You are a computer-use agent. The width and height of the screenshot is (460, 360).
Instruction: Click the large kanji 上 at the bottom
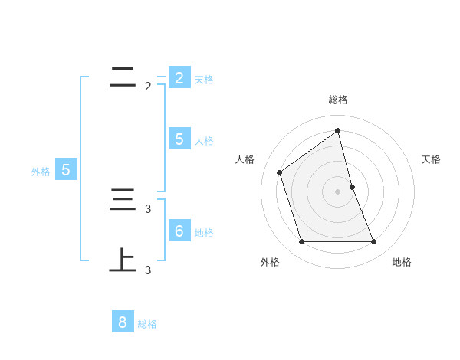[123, 260]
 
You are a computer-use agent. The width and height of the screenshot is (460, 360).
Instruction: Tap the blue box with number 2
[179, 78]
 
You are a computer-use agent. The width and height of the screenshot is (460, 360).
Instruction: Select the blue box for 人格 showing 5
[179, 139]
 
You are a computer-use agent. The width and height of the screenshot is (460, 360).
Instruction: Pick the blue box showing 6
[179, 231]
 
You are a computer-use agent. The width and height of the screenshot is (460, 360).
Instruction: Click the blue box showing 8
[123, 322]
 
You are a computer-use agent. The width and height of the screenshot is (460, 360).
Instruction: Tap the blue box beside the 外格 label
[66, 170]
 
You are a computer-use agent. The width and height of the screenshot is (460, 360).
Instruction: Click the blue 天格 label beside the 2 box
[204, 80]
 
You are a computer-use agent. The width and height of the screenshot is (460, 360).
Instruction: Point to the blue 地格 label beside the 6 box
[204, 233]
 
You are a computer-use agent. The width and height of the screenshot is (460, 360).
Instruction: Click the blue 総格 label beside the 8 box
[147, 324]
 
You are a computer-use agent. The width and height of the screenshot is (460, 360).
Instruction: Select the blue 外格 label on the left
[41, 172]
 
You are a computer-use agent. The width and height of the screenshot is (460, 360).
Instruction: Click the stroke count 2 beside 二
[148, 87]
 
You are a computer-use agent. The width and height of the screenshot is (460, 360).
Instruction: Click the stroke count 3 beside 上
[148, 270]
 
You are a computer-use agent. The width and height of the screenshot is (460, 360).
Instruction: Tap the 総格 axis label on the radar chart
[338, 100]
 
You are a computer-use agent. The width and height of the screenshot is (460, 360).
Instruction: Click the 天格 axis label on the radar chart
[431, 160]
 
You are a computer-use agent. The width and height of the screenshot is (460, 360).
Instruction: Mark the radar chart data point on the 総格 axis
[338, 130]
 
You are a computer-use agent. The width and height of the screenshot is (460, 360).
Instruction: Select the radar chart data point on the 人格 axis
[280, 172]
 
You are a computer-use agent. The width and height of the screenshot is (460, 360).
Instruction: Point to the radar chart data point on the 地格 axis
[374, 242]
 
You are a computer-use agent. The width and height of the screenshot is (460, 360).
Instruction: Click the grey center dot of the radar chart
[338, 191]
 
